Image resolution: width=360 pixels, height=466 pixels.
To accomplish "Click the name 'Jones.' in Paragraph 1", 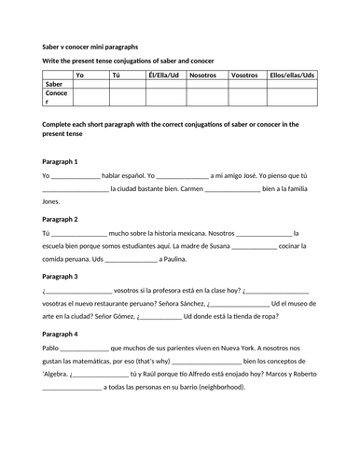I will tap(52, 200).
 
